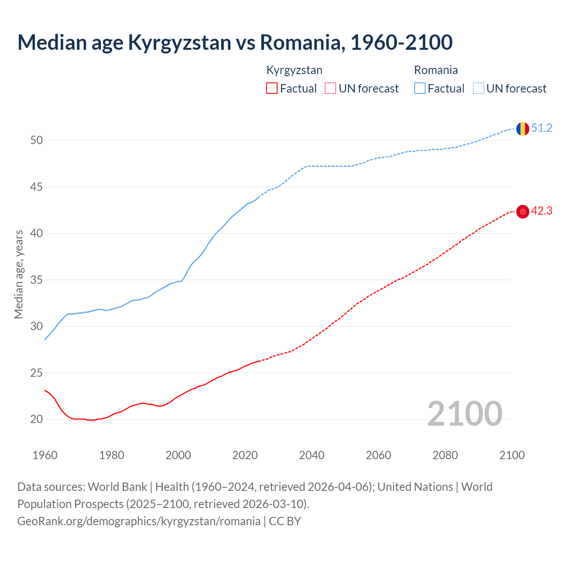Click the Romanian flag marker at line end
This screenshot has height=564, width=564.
(x=523, y=129)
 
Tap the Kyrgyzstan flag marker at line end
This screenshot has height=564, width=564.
(x=523, y=212)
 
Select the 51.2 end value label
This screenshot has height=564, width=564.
(x=542, y=128)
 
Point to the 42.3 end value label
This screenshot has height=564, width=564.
(x=542, y=211)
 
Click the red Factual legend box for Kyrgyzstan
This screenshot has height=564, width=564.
(x=272, y=89)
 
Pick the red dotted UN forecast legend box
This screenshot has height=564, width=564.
(x=330, y=89)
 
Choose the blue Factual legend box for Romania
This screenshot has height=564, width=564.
(x=420, y=89)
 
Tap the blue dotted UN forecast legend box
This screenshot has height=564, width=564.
(x=478, y=89)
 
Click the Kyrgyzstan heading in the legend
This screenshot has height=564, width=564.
(x=294, y=70)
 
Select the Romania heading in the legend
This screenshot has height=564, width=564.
(x=436, y=70)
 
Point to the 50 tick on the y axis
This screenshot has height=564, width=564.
(x=36, y=141)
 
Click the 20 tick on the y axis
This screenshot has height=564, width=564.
(x=36, y=419)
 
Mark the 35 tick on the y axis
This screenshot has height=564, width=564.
(x=36, y=280)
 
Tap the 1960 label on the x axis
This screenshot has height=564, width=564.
(x=45, y=455)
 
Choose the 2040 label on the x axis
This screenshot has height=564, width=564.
(x=312, y=455)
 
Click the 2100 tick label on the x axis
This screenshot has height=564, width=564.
(x=512, y=455)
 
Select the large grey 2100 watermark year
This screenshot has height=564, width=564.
(x=464, y=413)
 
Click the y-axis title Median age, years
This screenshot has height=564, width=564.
(x=19, y=274)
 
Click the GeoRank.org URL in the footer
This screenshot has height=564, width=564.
(x=139, y=521)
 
